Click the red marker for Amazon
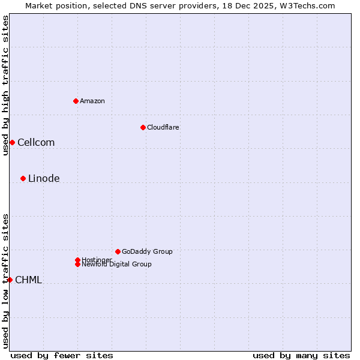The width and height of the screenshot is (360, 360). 76,101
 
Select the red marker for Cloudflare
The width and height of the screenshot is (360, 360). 143,127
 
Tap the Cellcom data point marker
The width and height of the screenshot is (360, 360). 12,142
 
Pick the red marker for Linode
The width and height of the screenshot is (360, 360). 23,178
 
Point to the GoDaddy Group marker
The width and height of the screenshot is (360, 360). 118,251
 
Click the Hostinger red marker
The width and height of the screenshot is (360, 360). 77,260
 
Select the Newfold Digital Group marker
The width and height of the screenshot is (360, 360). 78,265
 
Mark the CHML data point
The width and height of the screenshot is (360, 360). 10,280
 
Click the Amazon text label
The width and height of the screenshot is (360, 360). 92,101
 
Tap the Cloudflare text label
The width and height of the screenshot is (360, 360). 163,127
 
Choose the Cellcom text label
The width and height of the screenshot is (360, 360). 36,142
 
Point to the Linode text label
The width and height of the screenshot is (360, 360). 44,178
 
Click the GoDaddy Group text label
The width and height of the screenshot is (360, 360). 147,251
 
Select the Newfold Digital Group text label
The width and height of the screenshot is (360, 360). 117,265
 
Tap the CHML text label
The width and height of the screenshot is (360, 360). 28,280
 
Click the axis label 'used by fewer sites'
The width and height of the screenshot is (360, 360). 62,355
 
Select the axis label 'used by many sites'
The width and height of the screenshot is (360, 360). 301,355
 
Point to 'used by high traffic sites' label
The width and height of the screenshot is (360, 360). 5,85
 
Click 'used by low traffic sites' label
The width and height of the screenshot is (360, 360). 5,280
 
